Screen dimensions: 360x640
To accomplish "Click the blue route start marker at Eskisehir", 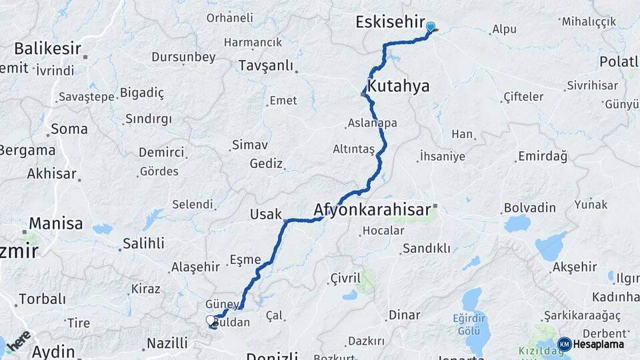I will [431, 27].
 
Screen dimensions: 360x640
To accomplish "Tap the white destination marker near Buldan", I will [211, 321].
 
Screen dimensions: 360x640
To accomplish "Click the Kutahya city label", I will [399, 86].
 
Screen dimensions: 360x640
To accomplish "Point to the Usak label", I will [265, 213].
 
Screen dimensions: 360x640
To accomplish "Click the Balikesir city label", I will [48, 48].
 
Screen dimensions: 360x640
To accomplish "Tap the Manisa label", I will [55, 223].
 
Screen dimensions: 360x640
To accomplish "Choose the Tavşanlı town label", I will [266, 65].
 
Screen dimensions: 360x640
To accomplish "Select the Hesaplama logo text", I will [599, 344].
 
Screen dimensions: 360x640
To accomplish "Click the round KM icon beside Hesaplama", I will [564, 344].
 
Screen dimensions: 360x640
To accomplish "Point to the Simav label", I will [249, 145].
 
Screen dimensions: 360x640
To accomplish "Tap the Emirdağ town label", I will [542, 157].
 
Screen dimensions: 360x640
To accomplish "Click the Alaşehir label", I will [195, 267].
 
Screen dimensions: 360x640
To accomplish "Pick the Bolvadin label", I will [530, 207].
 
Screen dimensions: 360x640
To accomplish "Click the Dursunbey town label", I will [183, 57].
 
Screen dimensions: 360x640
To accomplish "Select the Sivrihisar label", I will [590, 85].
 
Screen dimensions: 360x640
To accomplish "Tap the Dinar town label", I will [405, 315].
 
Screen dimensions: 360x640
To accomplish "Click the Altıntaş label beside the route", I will [354, 149].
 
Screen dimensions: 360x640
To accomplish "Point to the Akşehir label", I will [575, 267].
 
